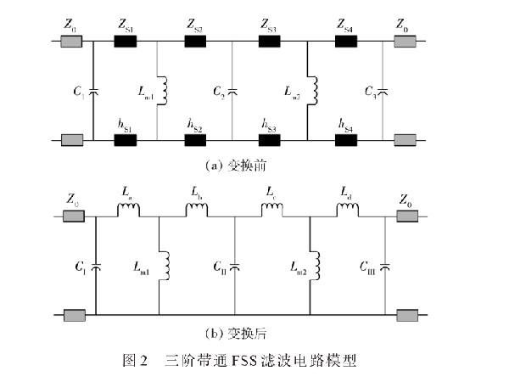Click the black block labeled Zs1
point(126,38)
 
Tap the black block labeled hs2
point(199,139)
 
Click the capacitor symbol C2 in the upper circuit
point(232,89)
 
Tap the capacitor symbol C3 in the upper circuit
point(383,89)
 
